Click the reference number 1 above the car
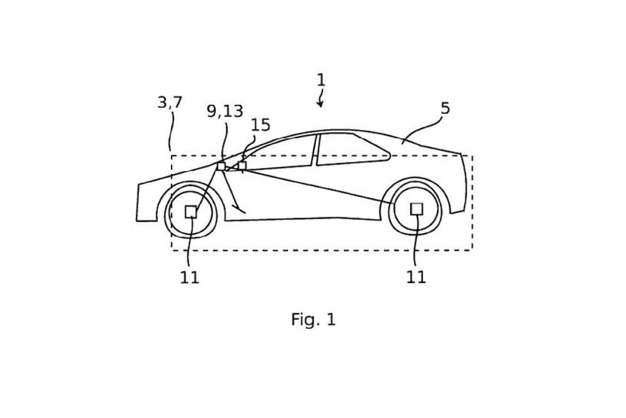click(321, 80)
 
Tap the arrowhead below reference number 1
click(320, 105)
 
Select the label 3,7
click(170, 102)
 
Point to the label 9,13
click(225, 111)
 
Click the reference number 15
click(260, 125)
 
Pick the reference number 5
click(445, 108)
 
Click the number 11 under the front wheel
click(190, 278)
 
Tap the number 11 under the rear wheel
click(416, 278)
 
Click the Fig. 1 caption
click(313, 320)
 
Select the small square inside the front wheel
click(191, 212)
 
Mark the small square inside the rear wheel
click(416, 209)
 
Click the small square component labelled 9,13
click(221, 166)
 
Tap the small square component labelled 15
click(242, 165)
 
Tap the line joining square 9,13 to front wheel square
click(207, 187)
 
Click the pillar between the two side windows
click(315, 150)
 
